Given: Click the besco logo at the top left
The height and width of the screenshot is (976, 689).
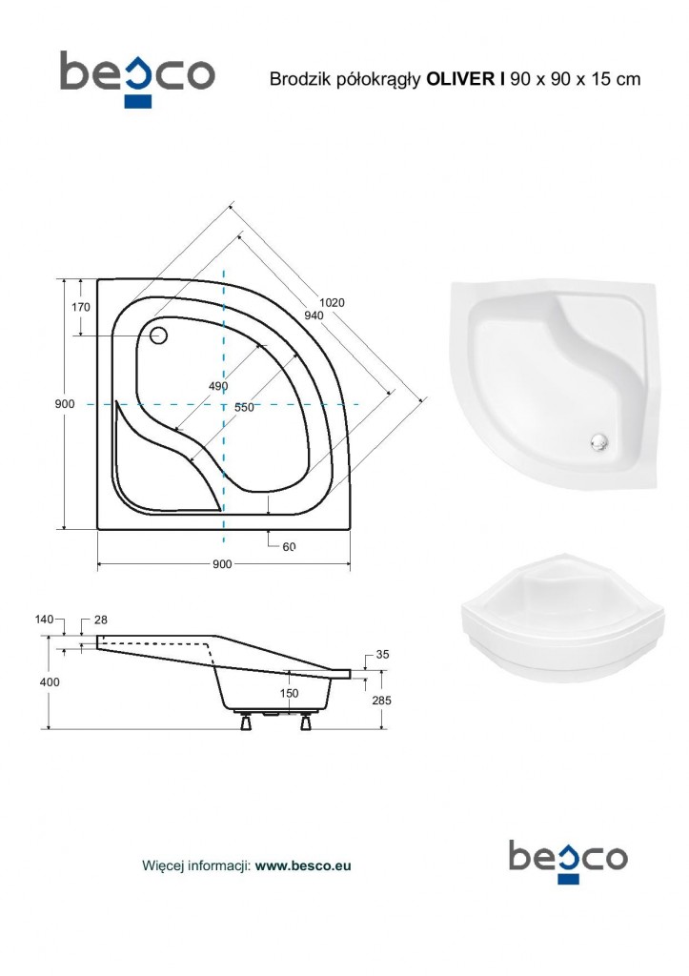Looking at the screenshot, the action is coord(137,79).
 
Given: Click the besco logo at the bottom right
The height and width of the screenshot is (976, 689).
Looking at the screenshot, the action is coord(568,861).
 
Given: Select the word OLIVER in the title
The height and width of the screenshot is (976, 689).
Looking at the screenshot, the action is coord(461,79).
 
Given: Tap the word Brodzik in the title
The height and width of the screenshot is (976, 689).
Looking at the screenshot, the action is coord(298,79).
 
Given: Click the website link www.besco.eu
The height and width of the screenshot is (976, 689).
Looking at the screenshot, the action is coord(303,865).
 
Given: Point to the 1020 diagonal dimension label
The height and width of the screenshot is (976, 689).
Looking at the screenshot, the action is coord(332,302).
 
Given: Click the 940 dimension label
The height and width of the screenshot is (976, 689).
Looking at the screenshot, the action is coord(314,315).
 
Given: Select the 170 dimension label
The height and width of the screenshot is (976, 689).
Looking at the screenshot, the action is coord(81,307).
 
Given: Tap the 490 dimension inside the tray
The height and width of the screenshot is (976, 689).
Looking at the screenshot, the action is coord(218,386).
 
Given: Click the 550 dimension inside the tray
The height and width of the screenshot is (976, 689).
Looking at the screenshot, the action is coord(244,407).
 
